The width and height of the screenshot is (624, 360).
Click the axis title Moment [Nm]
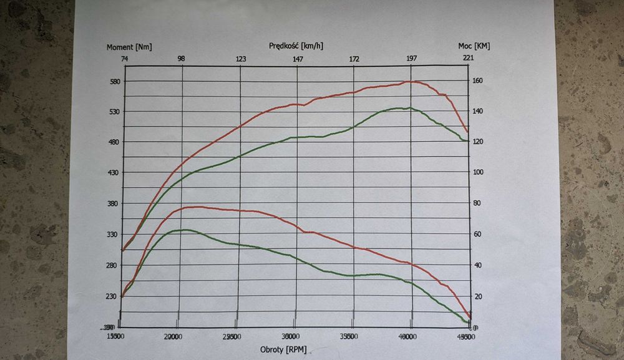tap(129, 47)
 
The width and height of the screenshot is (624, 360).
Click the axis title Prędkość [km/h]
tap(296, 46)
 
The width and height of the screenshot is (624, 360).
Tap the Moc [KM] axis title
tap(474, 46)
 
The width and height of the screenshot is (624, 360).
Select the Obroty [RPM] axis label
tap(283, 349)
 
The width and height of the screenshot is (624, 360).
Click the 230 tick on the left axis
tap(112, 296)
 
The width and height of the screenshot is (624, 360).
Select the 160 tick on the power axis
tap(477, 80)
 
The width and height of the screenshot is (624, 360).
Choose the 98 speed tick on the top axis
tap(181, 59)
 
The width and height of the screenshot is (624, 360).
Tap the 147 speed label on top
tap(298, 59)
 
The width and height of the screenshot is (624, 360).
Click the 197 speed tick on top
tap(412, 59)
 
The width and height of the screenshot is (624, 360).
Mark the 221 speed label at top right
tap(468, 59)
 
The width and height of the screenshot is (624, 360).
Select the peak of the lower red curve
tap(197, 207)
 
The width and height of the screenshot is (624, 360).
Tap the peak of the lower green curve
tap(185, 230)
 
